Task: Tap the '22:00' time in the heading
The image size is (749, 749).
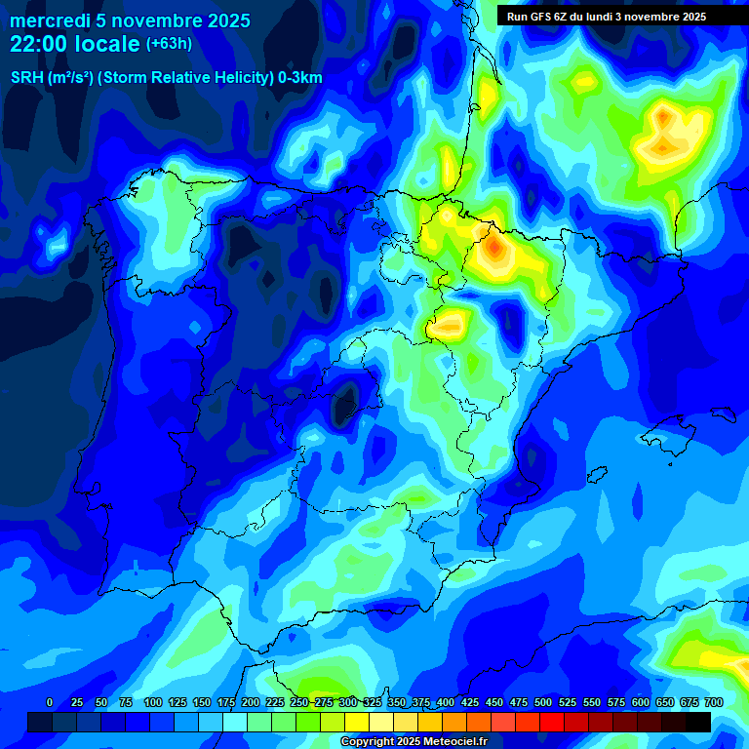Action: (39, 44)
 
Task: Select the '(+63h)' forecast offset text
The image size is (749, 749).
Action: (169, 44)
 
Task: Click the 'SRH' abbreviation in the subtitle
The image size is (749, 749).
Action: (26, 78)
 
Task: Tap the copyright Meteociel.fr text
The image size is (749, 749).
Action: (414, 741)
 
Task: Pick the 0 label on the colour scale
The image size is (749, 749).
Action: (50, 702)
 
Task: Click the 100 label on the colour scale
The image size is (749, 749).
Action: (152, 702)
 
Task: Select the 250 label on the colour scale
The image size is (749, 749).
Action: (299, 702)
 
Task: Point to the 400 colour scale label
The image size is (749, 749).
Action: (446, 702)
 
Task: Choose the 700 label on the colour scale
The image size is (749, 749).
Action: (714, 702)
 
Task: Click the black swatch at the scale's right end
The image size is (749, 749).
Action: (698, 722)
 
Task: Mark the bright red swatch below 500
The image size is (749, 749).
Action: (552, 722)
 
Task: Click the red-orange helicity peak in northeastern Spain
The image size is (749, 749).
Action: (494, 250)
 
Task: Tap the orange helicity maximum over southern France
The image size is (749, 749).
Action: (665, 118)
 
